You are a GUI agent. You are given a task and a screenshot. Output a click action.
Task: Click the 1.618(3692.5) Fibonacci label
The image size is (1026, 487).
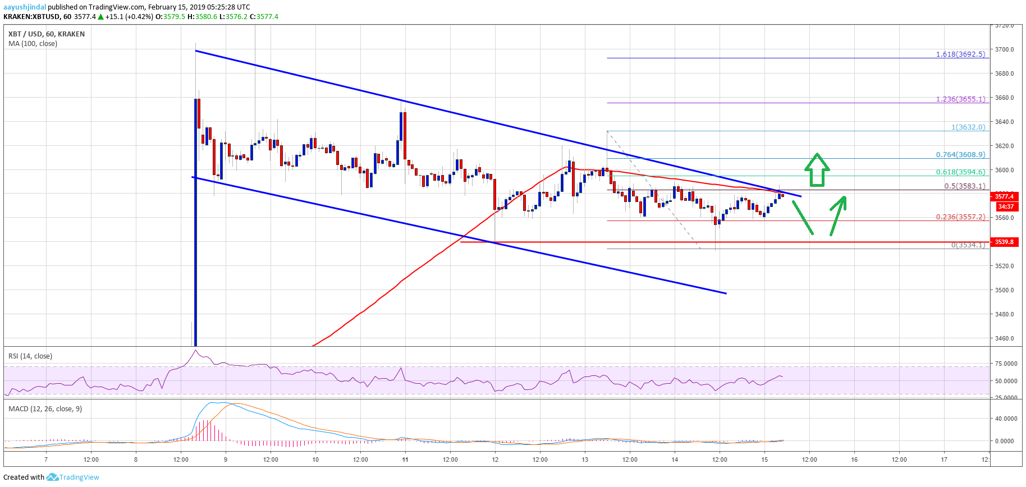coord(960,54)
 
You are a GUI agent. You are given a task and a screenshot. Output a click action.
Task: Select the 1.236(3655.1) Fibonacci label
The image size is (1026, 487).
coord(960,99)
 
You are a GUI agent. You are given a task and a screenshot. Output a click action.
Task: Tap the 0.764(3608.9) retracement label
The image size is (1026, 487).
coord(960,155)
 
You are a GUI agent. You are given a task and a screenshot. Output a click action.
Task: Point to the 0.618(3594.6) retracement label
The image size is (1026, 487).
coord(960,172)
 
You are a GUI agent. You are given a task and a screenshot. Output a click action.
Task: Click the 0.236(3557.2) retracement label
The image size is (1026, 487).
coord(960,217)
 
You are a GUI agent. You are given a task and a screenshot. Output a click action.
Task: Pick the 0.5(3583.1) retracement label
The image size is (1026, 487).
coord(964,186)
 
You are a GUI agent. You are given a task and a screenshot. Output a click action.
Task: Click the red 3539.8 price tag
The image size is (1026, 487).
coord(1004,242)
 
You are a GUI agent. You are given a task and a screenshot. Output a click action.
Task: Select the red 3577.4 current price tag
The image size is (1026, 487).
coord(1004,196)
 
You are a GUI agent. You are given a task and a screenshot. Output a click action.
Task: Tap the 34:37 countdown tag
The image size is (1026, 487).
coord(1005,206)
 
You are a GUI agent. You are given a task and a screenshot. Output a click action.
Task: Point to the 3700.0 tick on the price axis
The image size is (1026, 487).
coord(1004,49)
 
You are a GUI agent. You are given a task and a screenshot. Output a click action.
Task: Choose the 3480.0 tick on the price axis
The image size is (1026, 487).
coord(1004,314)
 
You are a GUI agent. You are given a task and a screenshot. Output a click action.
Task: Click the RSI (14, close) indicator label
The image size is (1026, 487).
coord(30,356)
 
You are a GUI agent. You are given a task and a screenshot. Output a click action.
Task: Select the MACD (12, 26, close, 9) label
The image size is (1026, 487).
coord(45,409)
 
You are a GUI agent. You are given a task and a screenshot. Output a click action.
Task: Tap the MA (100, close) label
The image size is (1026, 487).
coord(33,44)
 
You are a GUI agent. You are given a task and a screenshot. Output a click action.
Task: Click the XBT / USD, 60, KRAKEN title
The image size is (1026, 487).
coord(47,34)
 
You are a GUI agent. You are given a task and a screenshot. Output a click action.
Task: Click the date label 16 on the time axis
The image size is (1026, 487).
coord(854,460)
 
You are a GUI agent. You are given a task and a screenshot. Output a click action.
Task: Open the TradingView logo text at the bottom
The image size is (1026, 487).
coord(79,477)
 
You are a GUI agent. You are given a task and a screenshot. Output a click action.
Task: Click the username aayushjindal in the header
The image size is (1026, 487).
coord(25,7)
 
